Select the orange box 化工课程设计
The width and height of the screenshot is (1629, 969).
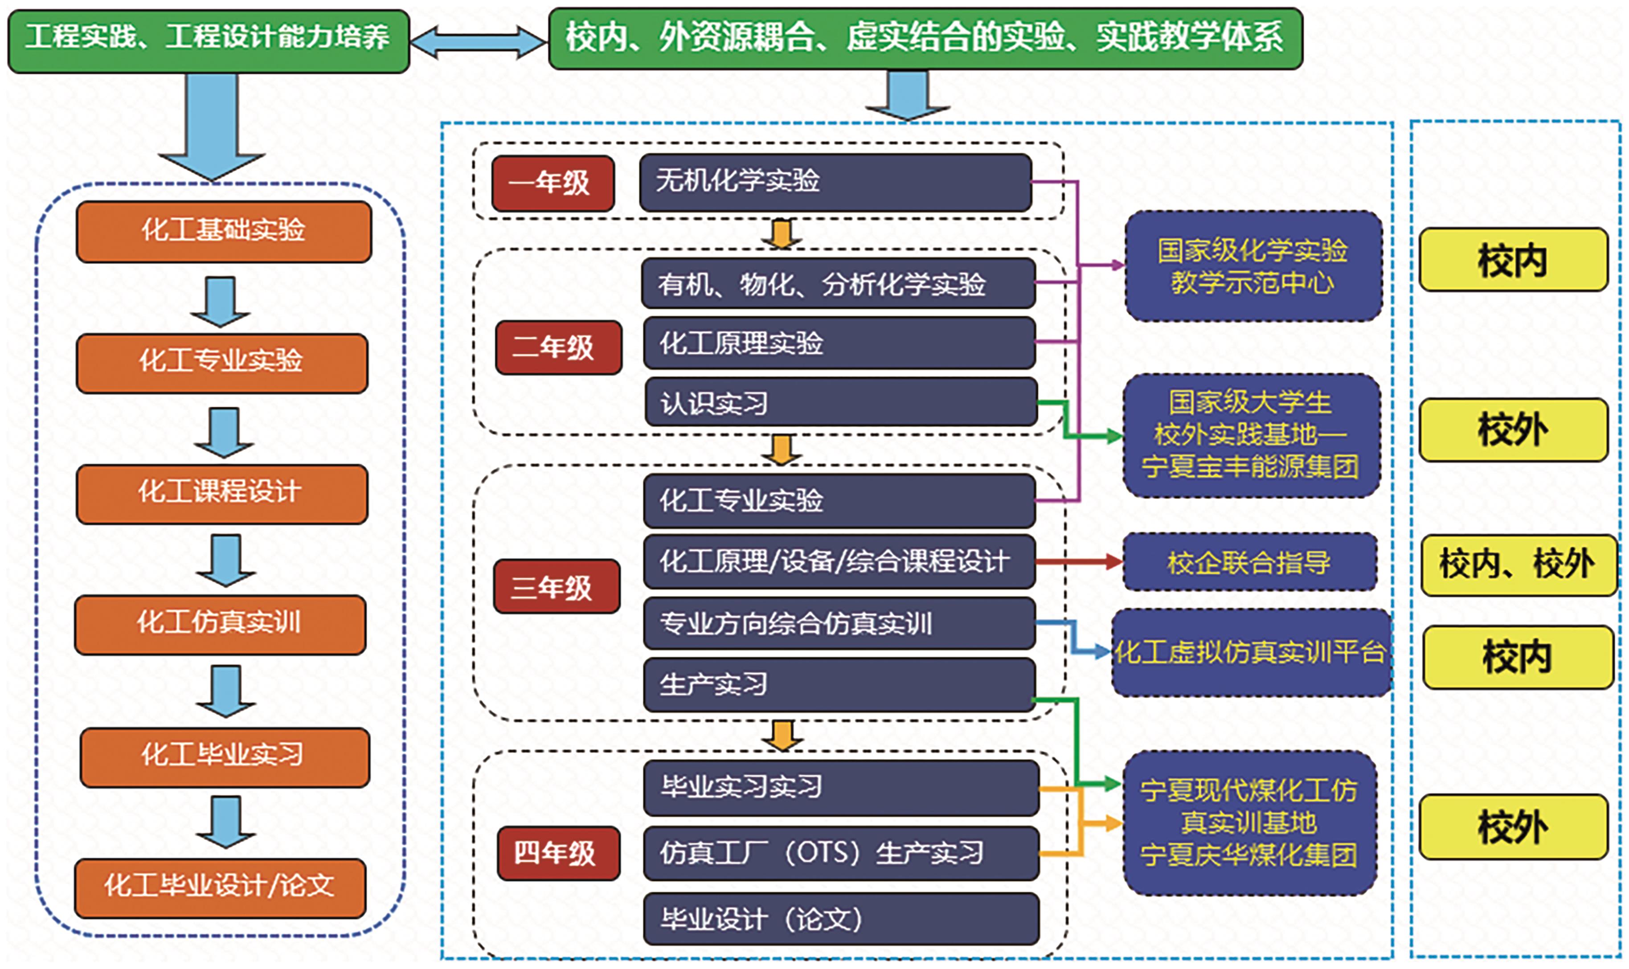tap(222, 494)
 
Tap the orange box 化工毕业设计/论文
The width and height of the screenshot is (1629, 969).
tap(220, 888)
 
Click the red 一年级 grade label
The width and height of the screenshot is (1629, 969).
tap(553, 183)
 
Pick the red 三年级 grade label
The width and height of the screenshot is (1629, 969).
tap(556, 586)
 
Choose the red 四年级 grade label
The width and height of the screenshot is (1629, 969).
tap(558, 854)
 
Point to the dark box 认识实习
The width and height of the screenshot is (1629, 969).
tap(841, 402)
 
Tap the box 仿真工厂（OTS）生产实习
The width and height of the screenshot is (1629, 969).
tap(841, 853)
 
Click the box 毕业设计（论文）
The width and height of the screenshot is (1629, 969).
tap(841, 919)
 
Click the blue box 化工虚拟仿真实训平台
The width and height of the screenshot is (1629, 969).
tap(1252, 652)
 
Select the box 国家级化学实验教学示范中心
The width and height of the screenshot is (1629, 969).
tap(1253, 266)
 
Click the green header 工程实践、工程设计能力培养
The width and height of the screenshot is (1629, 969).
tap(208, 41)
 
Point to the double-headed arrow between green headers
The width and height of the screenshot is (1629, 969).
tap(479, 42)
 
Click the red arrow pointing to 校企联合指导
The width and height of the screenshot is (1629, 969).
tap(1079, 561)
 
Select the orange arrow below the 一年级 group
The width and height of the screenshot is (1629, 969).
tap(782, 234)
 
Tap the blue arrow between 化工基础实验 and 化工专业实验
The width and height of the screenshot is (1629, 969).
tap(221, 302)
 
